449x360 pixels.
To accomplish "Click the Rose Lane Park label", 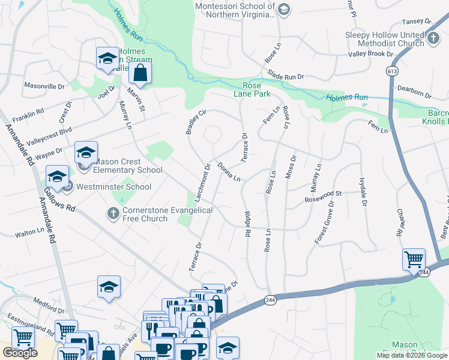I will [x=252, y=89].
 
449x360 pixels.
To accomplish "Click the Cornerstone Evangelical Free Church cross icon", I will [x=112, y=213].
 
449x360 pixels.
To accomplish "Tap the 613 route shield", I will [x=393, y=71].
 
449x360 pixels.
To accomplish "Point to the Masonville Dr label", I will [x=44, y=86].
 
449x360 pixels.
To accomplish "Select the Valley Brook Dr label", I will [x=370, y=54].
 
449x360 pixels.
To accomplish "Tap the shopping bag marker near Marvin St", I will [x=140, y=73].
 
